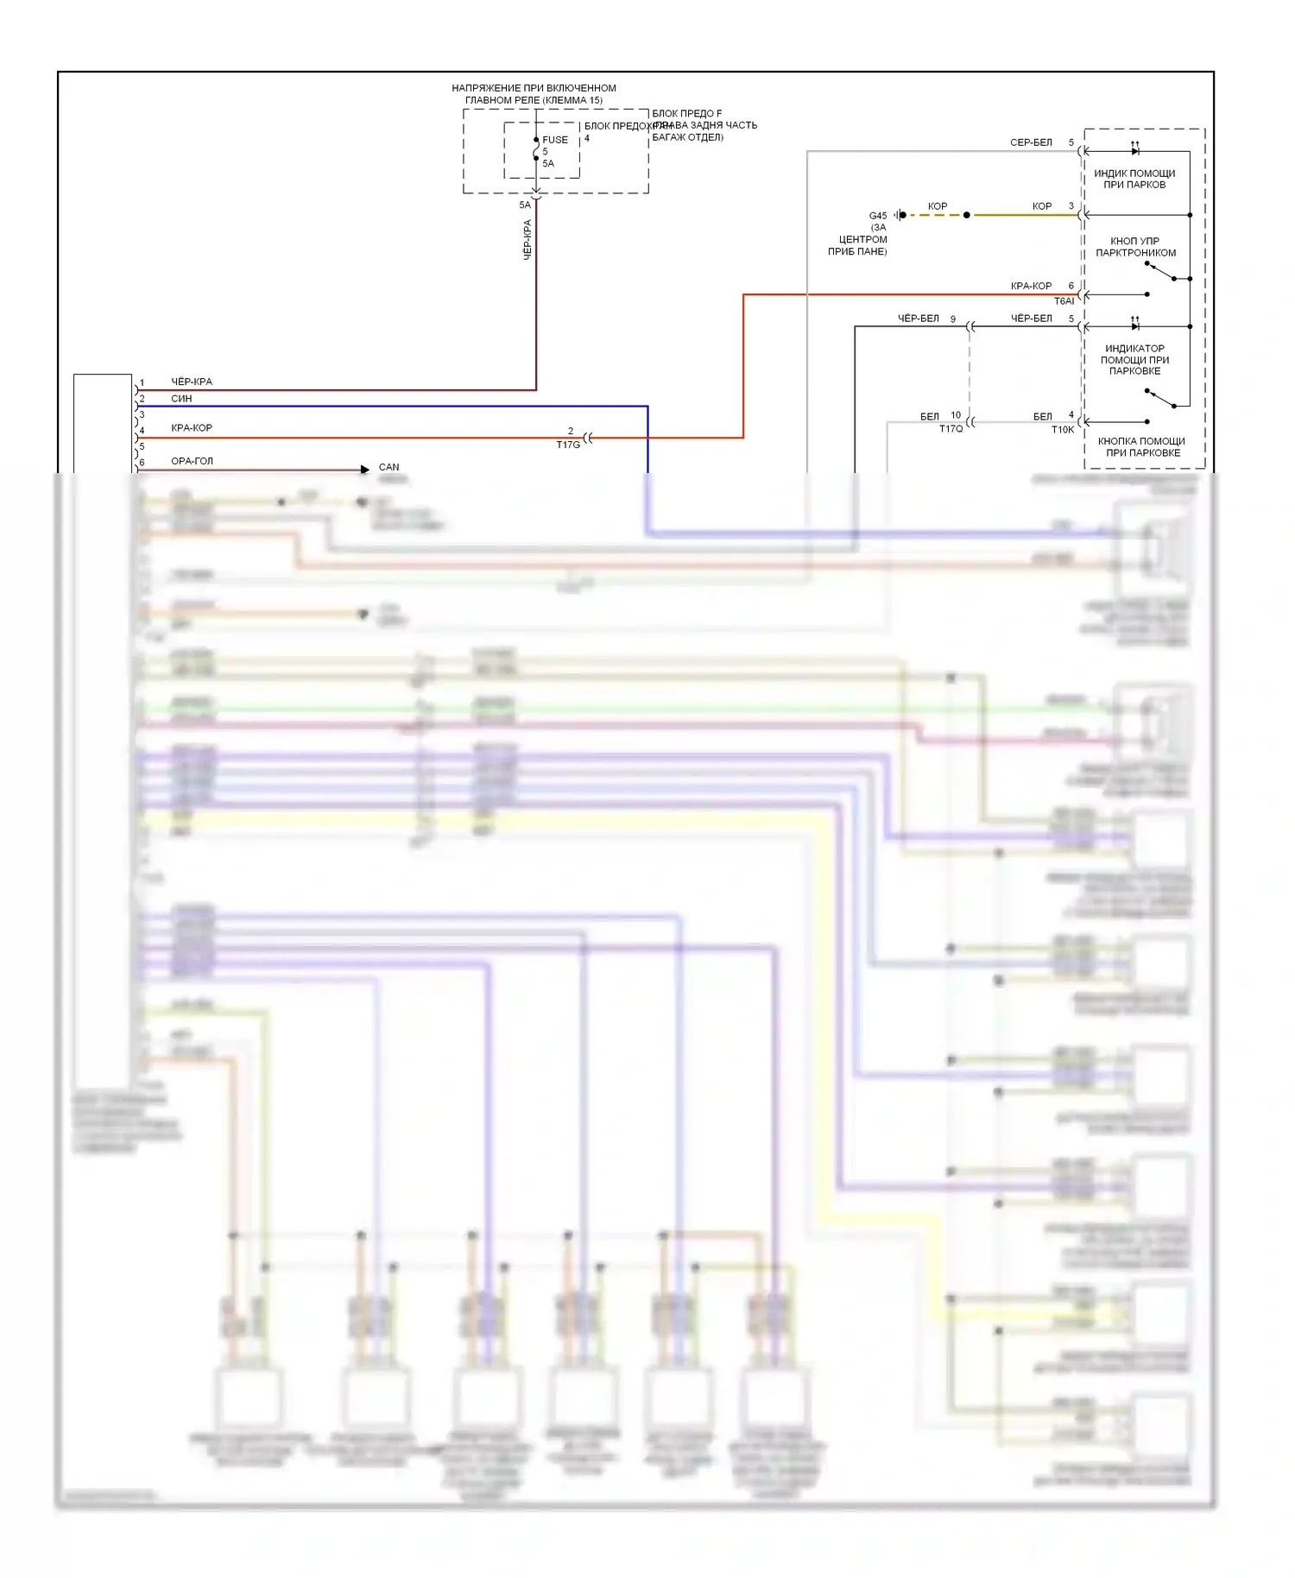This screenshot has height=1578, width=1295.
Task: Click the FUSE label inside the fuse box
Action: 554,140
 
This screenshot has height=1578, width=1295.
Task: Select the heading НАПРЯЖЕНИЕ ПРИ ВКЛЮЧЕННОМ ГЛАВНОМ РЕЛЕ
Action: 534,94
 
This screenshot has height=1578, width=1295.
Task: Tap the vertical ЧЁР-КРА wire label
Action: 527,239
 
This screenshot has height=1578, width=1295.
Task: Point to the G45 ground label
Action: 877,216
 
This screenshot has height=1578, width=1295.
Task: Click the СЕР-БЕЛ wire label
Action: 1031,142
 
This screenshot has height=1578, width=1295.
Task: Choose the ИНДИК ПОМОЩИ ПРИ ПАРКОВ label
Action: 1134,179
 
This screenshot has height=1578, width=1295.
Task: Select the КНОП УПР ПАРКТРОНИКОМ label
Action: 1135,247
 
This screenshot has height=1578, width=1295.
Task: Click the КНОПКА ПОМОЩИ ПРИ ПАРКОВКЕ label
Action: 1141,447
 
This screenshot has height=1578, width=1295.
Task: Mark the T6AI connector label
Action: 1064,301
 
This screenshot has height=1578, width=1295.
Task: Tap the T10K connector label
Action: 1062,430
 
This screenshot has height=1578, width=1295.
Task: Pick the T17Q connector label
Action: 951,429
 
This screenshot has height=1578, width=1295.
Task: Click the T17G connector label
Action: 567,445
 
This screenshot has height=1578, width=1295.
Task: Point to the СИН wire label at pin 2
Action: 181,399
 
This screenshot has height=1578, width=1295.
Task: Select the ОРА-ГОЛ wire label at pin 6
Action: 192,461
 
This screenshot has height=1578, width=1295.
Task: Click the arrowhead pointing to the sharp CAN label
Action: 365,470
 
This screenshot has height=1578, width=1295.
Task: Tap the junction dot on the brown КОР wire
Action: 966,215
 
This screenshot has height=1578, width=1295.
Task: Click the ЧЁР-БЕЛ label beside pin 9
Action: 918,319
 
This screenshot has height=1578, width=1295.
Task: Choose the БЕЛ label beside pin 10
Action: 929,416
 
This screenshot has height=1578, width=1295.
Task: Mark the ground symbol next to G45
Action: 900,215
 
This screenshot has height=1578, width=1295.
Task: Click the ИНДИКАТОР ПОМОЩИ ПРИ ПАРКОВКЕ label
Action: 1134,360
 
